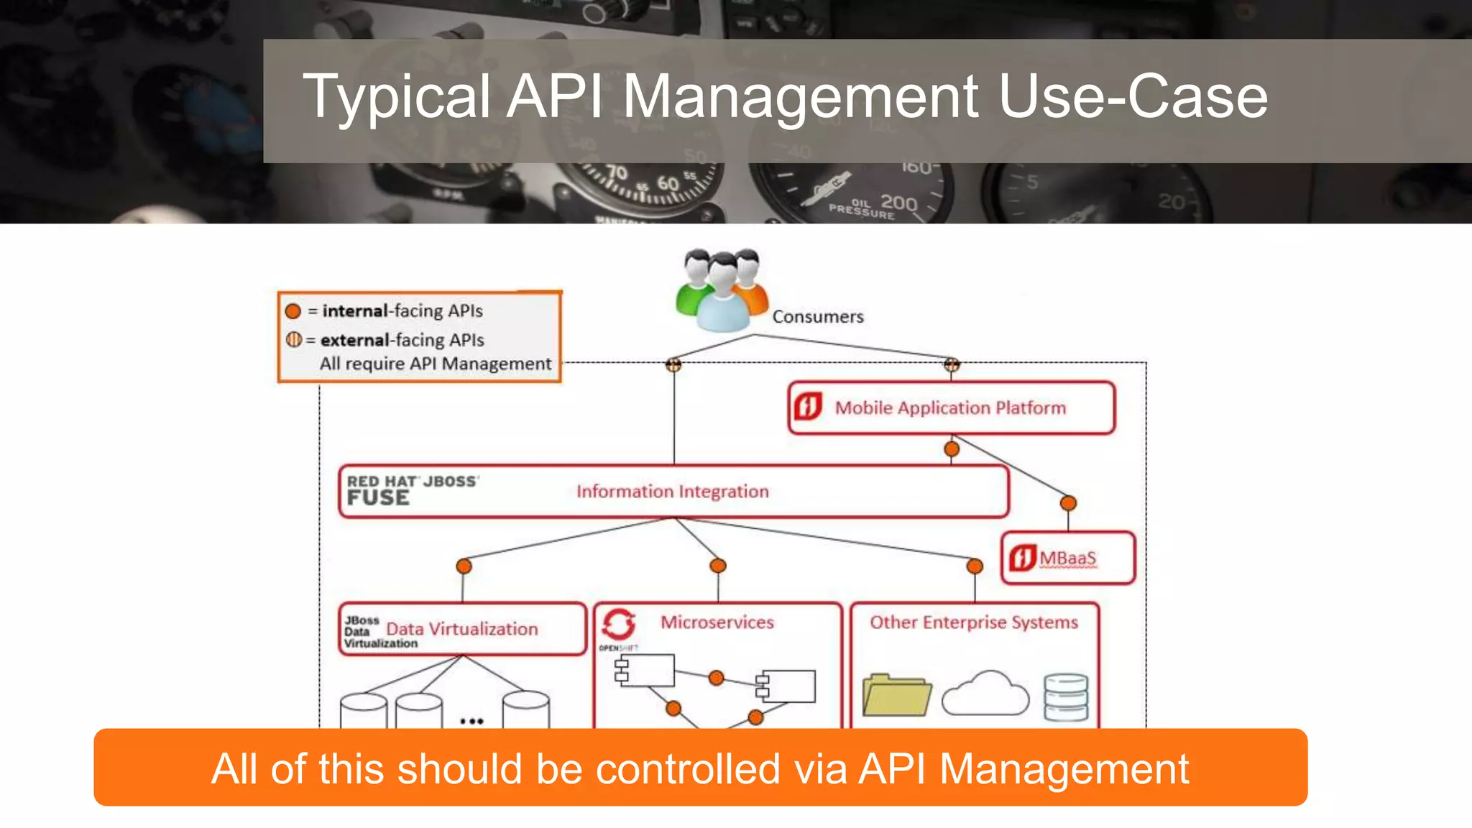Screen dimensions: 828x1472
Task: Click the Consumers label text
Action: click(x=817, y=317)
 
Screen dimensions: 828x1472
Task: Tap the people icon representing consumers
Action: click(x=722, y=290)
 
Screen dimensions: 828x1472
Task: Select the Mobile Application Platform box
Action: click(x=951, y=408)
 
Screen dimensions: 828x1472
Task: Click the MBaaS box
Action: click(x=1067, y=558)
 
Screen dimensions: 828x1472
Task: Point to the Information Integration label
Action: click(x=672, y=492)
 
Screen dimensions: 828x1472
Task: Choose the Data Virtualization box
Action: click(x=462, y=629)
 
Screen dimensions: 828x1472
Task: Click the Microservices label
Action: click(x=717, y=622)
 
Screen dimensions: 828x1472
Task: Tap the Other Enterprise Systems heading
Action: click(x=973, y=622)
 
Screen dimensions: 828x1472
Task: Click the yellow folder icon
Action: click(x=896, y=695)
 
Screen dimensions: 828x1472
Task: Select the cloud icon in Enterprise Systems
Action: click(x=985, y=694)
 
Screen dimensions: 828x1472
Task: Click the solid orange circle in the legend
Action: click(x=293, y=311)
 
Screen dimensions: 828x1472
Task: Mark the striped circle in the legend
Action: click(x=293, y=339)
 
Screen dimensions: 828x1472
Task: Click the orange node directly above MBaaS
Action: click(x=1068, y=503)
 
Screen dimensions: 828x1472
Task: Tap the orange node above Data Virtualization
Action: click(x=464, y=566)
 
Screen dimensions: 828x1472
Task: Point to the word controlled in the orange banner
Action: click(x=688, y=769)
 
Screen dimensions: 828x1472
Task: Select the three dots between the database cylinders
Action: click(x=471, y=721)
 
